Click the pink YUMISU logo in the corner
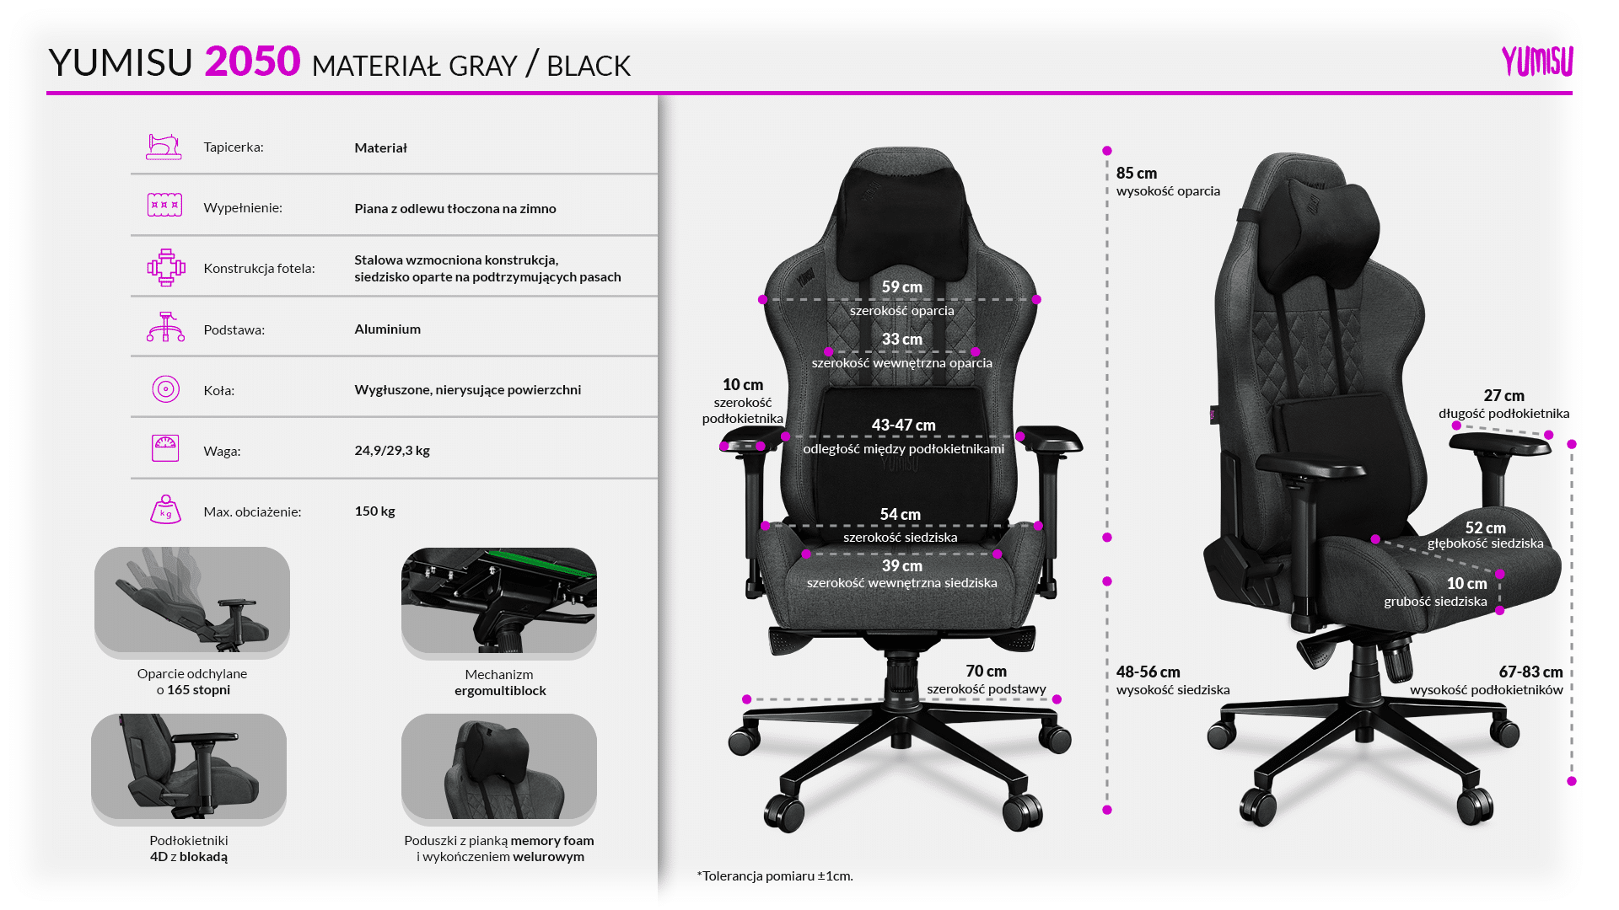coord(1536,62)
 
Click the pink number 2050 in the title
coord(252,62)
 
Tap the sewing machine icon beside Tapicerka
coord(164,147)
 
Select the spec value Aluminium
coord(387,329)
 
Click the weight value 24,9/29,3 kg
coord(392,451)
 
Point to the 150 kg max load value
coord(374,511)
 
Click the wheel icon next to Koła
coord(165,389)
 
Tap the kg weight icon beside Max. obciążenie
coord(165,510)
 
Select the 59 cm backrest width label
coord(901,287)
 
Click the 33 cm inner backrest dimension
coord(901,340)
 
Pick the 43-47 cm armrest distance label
coord(903,426)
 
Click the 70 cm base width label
coord(986,672)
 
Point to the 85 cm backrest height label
coord(1136,174)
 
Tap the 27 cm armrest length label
coord(1503,396)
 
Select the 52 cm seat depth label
coord(1485,528)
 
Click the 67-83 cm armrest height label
coord(1530,672)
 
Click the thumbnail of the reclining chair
coord(192,600)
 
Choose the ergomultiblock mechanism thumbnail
coord(499,601)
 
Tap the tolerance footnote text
coord(775,876)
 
